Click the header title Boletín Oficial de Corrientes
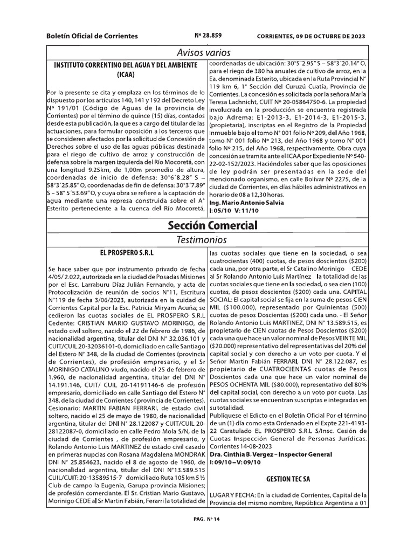coord(92,36)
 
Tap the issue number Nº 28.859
coord(208,36)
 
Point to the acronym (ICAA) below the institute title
coord(128,75)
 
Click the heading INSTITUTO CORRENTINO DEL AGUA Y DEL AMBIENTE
coord(128,65)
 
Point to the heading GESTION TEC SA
coord(288,479)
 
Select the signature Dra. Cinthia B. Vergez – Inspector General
coord(274,454)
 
